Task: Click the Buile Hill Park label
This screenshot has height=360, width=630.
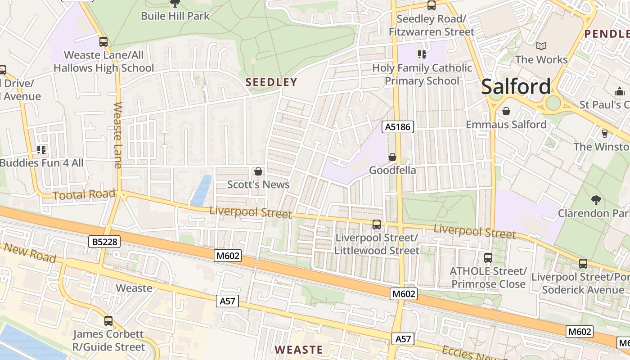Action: (x=175, y=16)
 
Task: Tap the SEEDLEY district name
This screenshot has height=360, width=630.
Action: (x=271, y=82)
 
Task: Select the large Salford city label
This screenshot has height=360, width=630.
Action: (x=516, y=86)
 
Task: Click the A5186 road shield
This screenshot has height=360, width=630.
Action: (x=398, y=127)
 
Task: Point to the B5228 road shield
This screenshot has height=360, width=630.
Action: (x=104, y=242)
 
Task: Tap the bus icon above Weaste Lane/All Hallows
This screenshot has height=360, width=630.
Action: (x=103, y=42)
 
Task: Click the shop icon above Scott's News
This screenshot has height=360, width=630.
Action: (x=258, y=171)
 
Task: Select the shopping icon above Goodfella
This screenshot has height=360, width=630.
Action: (x=392, y=157)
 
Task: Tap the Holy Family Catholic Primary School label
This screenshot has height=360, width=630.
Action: (x=422, y=74)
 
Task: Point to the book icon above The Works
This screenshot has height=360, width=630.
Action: (x=541, y=46)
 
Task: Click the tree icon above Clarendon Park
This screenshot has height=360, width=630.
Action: (x=596, y=200)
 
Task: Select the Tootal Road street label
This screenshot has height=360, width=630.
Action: (x=84, y=195)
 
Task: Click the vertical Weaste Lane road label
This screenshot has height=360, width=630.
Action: (x=118, y=135)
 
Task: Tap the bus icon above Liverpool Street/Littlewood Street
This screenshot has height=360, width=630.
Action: (x=377, y=224)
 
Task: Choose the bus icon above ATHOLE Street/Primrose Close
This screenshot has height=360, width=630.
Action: (x=488, y=258)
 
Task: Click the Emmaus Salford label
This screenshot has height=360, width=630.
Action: (x=506, y=125)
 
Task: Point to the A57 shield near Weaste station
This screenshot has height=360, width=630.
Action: (x=227, y=301)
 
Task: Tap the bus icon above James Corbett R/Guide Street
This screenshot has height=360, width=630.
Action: (x=108, y=321)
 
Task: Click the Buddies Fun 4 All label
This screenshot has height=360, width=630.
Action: (x=41, y=163)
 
